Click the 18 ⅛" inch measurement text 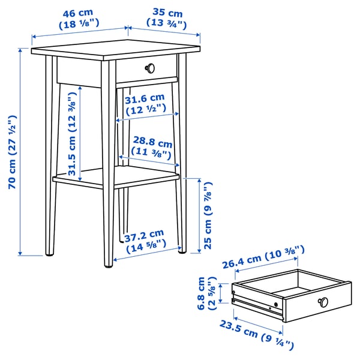click(79, 25)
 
